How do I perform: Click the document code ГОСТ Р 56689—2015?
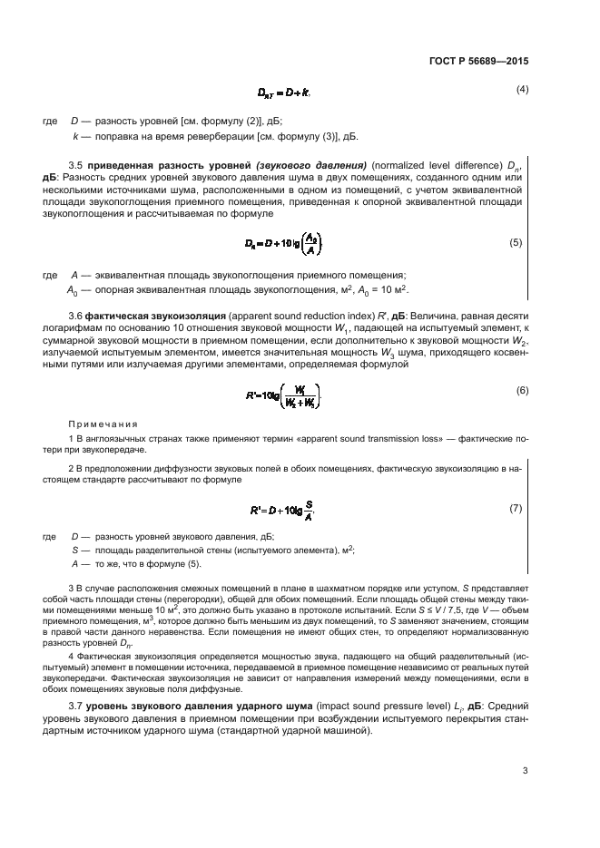(477, 61)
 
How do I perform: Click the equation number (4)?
(522, 89)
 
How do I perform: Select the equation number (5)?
(515, 243)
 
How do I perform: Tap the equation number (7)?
(515, 508)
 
